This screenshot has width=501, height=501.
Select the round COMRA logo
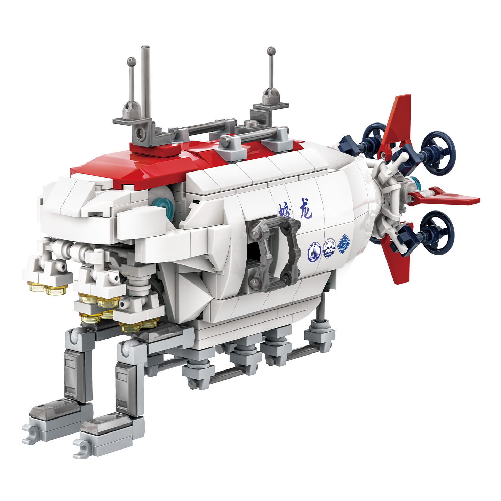329,248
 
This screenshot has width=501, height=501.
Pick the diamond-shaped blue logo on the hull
344,243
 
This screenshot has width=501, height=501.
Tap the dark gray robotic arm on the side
275,250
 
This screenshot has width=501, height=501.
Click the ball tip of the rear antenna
271,51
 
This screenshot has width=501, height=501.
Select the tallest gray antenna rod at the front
145,83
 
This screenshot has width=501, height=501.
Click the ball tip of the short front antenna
131,61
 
